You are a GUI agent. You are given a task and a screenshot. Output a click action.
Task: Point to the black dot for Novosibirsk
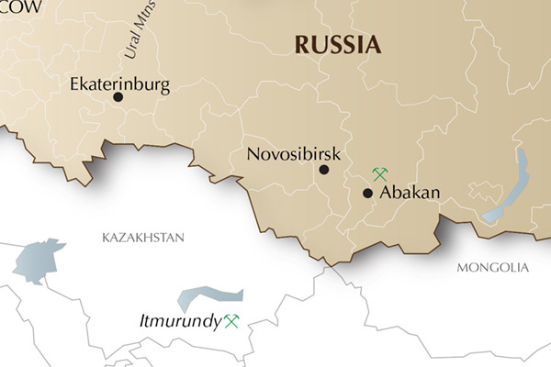point(323,170)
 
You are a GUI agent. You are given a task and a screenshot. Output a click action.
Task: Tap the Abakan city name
point(410,193)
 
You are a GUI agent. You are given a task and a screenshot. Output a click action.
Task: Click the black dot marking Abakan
point(367,194)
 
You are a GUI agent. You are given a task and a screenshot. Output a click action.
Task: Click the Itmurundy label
point(180,321)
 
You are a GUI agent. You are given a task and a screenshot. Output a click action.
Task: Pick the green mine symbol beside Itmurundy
point(231,321)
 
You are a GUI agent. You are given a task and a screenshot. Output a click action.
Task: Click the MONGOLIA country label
point(492,268)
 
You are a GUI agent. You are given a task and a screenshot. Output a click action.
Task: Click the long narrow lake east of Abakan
point(512,188)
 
